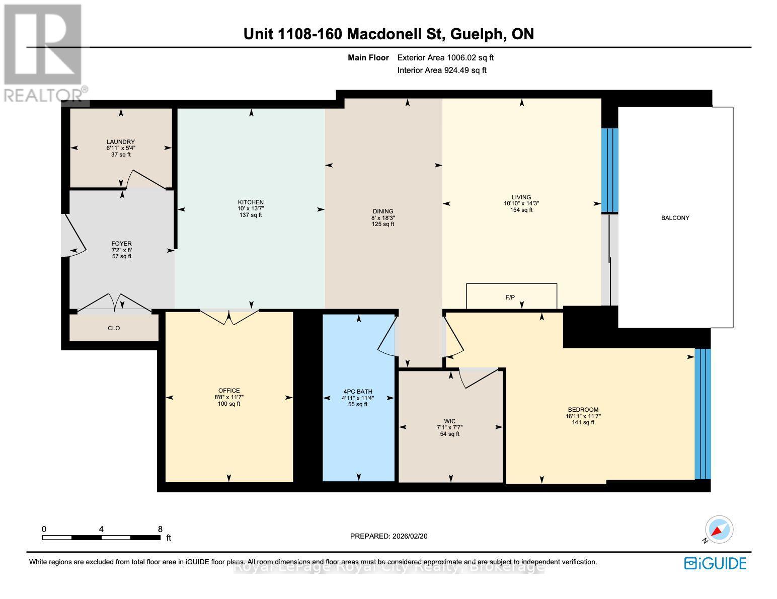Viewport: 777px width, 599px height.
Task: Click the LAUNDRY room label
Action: coord(121,142)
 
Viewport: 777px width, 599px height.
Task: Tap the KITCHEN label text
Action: coord(251,202)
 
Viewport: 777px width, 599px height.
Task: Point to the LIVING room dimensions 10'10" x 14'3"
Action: coord(521,204)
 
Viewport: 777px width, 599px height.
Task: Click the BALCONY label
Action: coord(675,218)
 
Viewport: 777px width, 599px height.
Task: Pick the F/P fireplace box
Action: coord(511,296)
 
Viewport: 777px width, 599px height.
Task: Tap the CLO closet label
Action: coord(114,328)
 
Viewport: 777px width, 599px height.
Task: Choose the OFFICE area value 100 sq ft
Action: coord(229,404)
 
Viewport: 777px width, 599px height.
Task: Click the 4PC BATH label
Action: coord(358,391)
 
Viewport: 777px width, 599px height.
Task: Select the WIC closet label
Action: coord(450,421)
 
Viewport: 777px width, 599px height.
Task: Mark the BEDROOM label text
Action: coord(583,410)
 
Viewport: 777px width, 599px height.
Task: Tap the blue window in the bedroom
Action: coord(703,413)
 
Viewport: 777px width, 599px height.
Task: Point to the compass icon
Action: coord(719,530)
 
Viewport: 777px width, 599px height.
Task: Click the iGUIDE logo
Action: coord(715,563)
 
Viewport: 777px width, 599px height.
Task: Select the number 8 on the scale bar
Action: coord(160,529)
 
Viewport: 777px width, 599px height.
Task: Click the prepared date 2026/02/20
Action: coord(409,536)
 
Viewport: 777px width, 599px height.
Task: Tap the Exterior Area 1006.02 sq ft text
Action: coord(445,58)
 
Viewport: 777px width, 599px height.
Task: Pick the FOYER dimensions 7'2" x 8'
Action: coord(122,250)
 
